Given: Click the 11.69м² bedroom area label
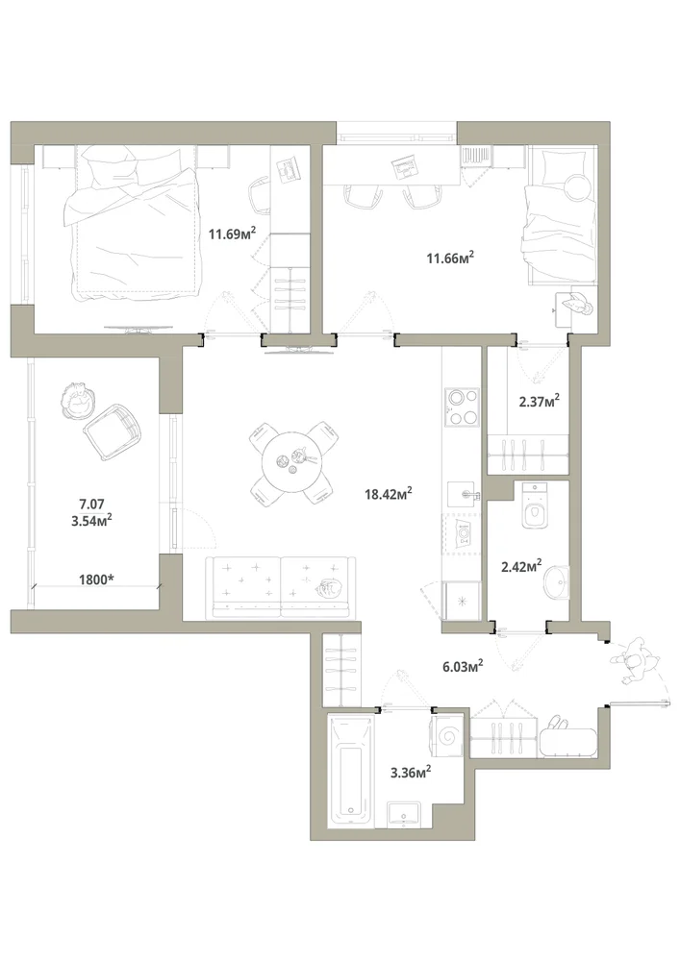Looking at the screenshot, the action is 232,233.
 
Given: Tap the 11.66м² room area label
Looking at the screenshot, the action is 450,258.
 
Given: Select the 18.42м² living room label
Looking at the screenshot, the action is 389,493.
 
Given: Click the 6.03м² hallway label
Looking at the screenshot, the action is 463,666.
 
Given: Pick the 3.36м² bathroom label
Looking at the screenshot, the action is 411,773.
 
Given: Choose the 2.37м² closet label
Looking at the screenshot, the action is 539,402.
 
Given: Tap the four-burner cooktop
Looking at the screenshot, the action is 462,407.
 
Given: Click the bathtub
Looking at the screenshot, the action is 349,771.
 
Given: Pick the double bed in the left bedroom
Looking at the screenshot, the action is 134,224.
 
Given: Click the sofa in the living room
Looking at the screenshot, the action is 281,586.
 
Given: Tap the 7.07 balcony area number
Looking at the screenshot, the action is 91,505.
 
